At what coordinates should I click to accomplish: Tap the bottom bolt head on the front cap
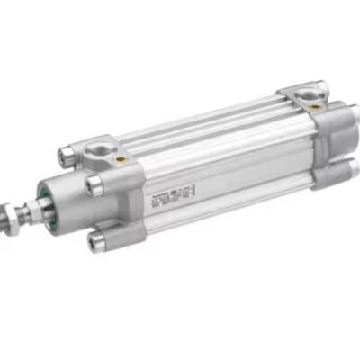(97, 238)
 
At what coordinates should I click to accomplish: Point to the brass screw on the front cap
(121, 159)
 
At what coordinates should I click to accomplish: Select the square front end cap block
(117, 193)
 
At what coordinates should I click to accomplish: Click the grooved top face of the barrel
(207, 126)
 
